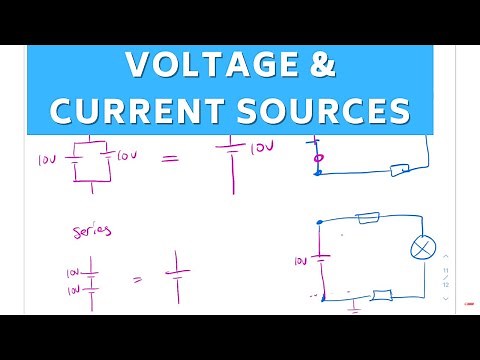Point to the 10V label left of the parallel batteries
pos(45,160)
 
